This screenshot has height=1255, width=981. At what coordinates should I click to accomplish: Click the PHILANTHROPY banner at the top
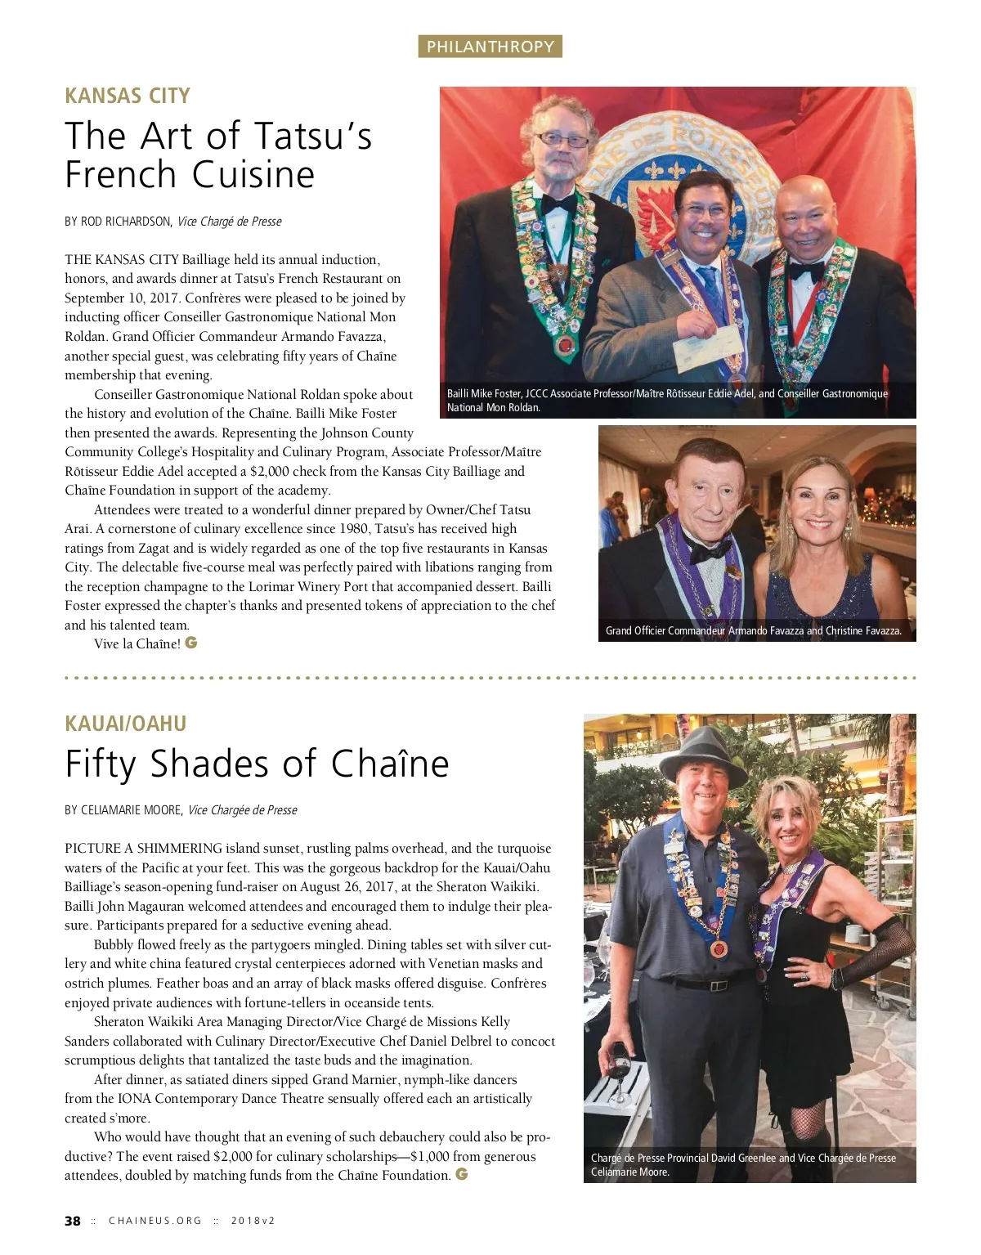coord(490,47)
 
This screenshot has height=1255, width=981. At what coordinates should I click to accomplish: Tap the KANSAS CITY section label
coord(128,96)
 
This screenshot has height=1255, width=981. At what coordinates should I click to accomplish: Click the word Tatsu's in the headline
coord(313,136)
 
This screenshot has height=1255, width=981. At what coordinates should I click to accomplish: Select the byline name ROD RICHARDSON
coord(126,222)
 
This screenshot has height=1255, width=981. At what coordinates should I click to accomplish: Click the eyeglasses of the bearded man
coord(562,141)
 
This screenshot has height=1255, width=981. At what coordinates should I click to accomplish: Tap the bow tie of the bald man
coord(806,270)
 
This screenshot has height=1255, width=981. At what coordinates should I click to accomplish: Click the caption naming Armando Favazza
coord(753,630)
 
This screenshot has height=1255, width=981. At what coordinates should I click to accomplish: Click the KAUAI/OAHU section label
coord(126,724)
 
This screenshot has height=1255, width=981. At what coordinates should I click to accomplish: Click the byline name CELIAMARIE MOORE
coord(131,810)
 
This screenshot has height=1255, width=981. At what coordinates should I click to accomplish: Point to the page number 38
coord(73,1221)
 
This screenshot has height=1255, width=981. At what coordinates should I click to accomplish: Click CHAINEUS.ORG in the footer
coord(155,1221)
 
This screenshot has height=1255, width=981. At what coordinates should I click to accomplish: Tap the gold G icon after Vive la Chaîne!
coord(191,643)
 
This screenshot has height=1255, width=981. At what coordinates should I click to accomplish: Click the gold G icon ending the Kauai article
coord(462,1174)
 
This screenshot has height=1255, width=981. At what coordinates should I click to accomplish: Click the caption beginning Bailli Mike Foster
coord(667,401)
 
